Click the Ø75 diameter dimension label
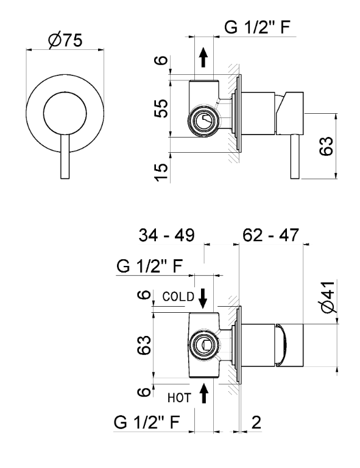point(65,40)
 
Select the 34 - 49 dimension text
point(166,235)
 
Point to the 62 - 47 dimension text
point(270,235)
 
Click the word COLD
point(178,296)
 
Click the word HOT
point(179,398)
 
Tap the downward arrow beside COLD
point(203,298)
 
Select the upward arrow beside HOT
point(204,393)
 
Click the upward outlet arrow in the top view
point(203,57)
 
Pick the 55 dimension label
point(161,108)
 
